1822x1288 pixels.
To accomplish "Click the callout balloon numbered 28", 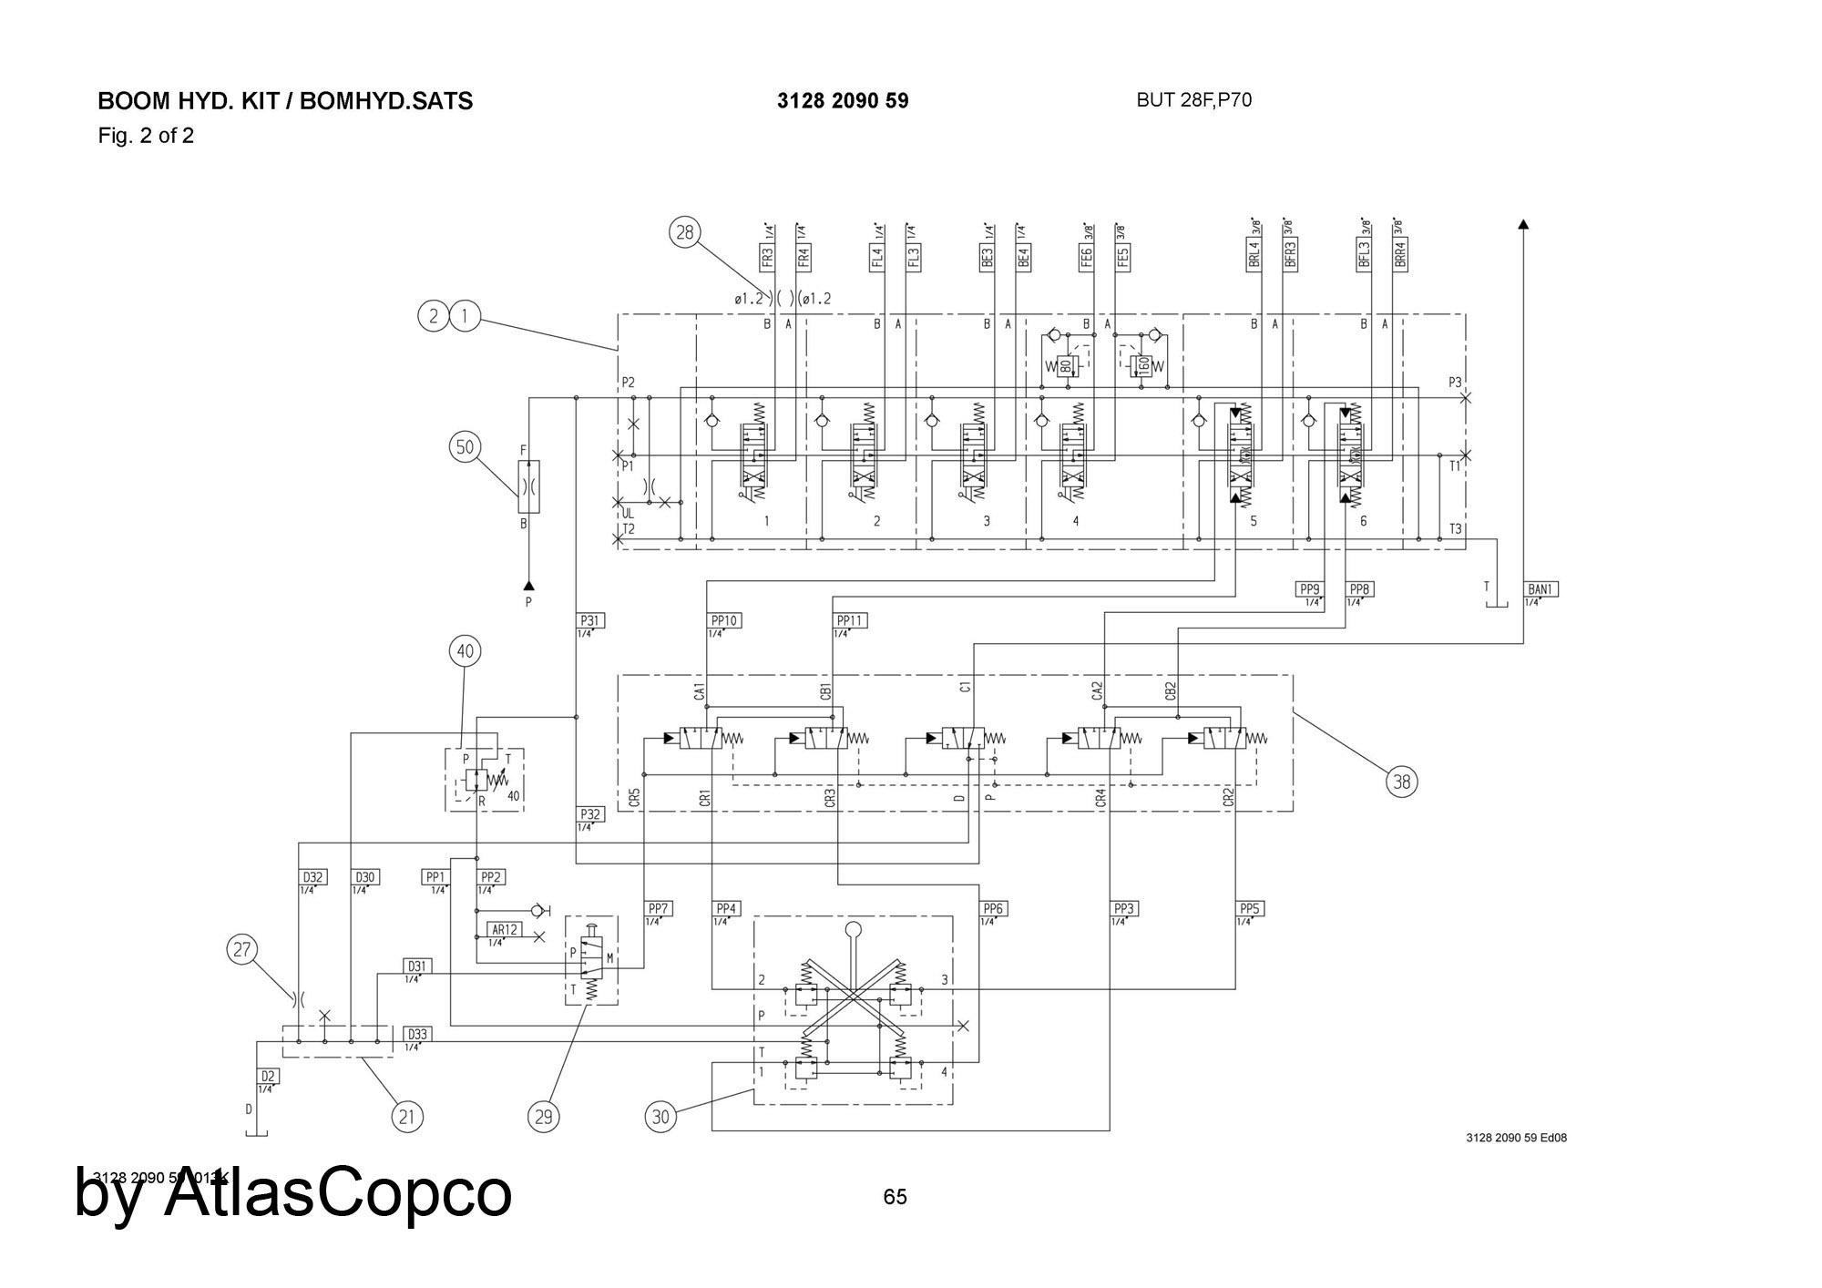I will tap(684, 232).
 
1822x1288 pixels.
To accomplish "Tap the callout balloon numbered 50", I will tap(466, 446).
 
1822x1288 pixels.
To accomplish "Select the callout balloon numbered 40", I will tap(466, 651).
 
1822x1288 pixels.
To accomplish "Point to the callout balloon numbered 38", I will tap(1402, 781).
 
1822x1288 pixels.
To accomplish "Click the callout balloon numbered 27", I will tap(241, 950).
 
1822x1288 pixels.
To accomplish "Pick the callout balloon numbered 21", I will tap(407, 1116).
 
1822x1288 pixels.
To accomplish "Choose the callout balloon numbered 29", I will tap(544, 1116).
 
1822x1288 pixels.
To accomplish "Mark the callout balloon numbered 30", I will tap(661, 1116).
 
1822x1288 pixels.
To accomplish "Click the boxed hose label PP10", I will tap(724, 620).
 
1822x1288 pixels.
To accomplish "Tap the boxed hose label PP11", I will tap(850, 620).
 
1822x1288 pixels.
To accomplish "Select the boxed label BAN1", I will tap(1541, 589).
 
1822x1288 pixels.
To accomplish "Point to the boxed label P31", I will tap(590, 620).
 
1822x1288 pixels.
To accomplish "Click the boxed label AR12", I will tap(505, 930).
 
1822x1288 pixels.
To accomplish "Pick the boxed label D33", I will tap(417, 1034).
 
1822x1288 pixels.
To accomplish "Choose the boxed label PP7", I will tap(659, 908).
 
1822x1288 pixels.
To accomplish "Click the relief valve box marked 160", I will tap(1141, 366).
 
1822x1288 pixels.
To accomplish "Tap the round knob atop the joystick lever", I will tap(854, 930).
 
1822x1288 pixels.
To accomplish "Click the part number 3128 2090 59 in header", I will tap(843, 101).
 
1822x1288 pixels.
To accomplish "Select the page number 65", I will tap(895, 1197).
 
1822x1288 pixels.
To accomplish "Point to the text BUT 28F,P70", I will tap(1193, 100).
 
